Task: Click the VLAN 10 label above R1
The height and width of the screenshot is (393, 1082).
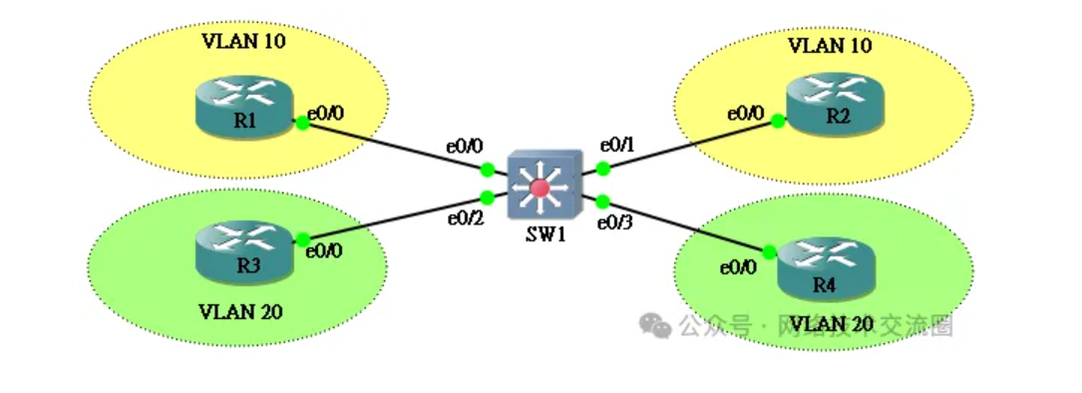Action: [x=241, y=42]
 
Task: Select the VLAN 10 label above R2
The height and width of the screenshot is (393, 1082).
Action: [x=830, y=45]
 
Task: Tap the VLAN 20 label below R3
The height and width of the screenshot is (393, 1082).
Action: [x=241, y=311]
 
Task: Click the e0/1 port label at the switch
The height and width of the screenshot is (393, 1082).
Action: [x=616, y=144]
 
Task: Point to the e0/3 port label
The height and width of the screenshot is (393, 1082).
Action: [x=615, y=221]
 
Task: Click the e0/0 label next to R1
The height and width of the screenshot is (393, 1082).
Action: [x=325, y=115]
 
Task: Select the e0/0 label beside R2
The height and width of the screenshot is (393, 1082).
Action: [x=746, y=115]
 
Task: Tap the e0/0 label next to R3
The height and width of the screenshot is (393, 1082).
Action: [x=325, y=251]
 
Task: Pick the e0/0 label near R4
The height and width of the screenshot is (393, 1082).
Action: [x=739, y=266]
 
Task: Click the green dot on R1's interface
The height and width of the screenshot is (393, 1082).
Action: [x=300, y=123]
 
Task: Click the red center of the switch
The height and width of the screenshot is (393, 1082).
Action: [x=541, y=187]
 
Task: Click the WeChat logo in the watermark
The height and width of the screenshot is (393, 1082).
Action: [x=655, y=324]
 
